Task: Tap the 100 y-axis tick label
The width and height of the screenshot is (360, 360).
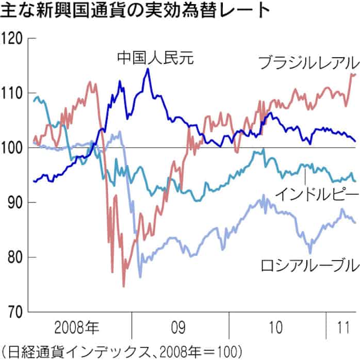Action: tap(13, 148)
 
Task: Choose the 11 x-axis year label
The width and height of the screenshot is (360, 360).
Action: tap(341, 327)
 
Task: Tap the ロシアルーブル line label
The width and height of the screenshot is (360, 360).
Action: tap(308, 267)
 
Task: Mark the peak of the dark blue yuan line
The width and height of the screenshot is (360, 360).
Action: tap(148, 69)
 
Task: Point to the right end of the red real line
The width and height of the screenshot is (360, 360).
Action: tap(356, 74)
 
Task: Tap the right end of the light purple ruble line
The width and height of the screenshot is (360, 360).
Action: tap(356, 223)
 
